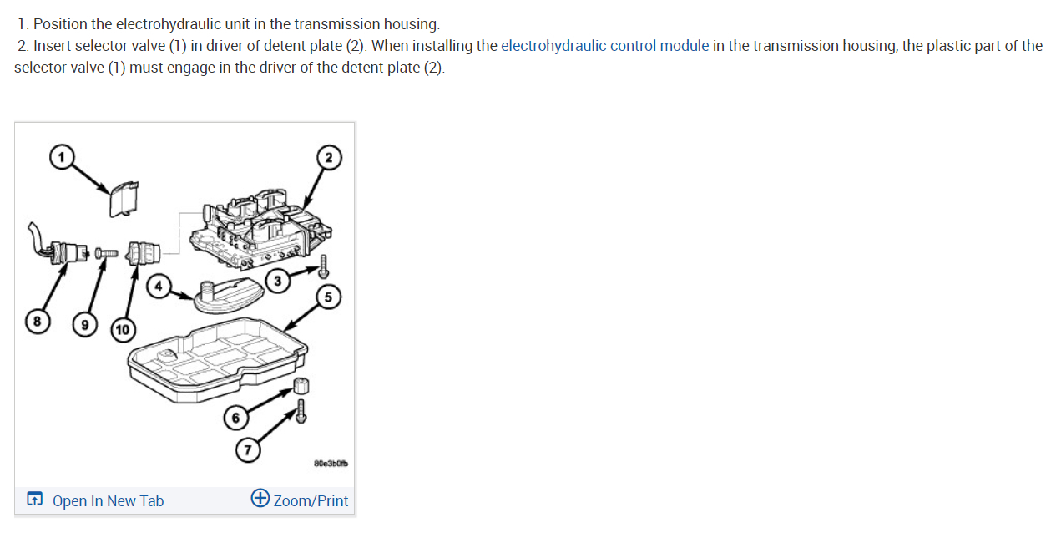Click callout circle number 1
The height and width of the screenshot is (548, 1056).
(x=60, y=156)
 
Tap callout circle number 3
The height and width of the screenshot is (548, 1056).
(x=276, y=282)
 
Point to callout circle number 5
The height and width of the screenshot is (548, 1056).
(x=328, y=297)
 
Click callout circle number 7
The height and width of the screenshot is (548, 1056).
(x=246, y=450)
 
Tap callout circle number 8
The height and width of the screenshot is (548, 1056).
(x=36, y=320)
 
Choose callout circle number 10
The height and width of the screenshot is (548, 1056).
(x=122, y=329)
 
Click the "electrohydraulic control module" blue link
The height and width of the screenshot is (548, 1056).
(x=604, y=46)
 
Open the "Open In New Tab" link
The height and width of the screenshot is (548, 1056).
(x=108, y=501)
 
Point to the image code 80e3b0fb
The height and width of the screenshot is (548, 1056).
(x=331, y=463)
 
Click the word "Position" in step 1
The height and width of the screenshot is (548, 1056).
(x=59, y=24)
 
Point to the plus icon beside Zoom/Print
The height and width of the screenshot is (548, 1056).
(x=260, y=500)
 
